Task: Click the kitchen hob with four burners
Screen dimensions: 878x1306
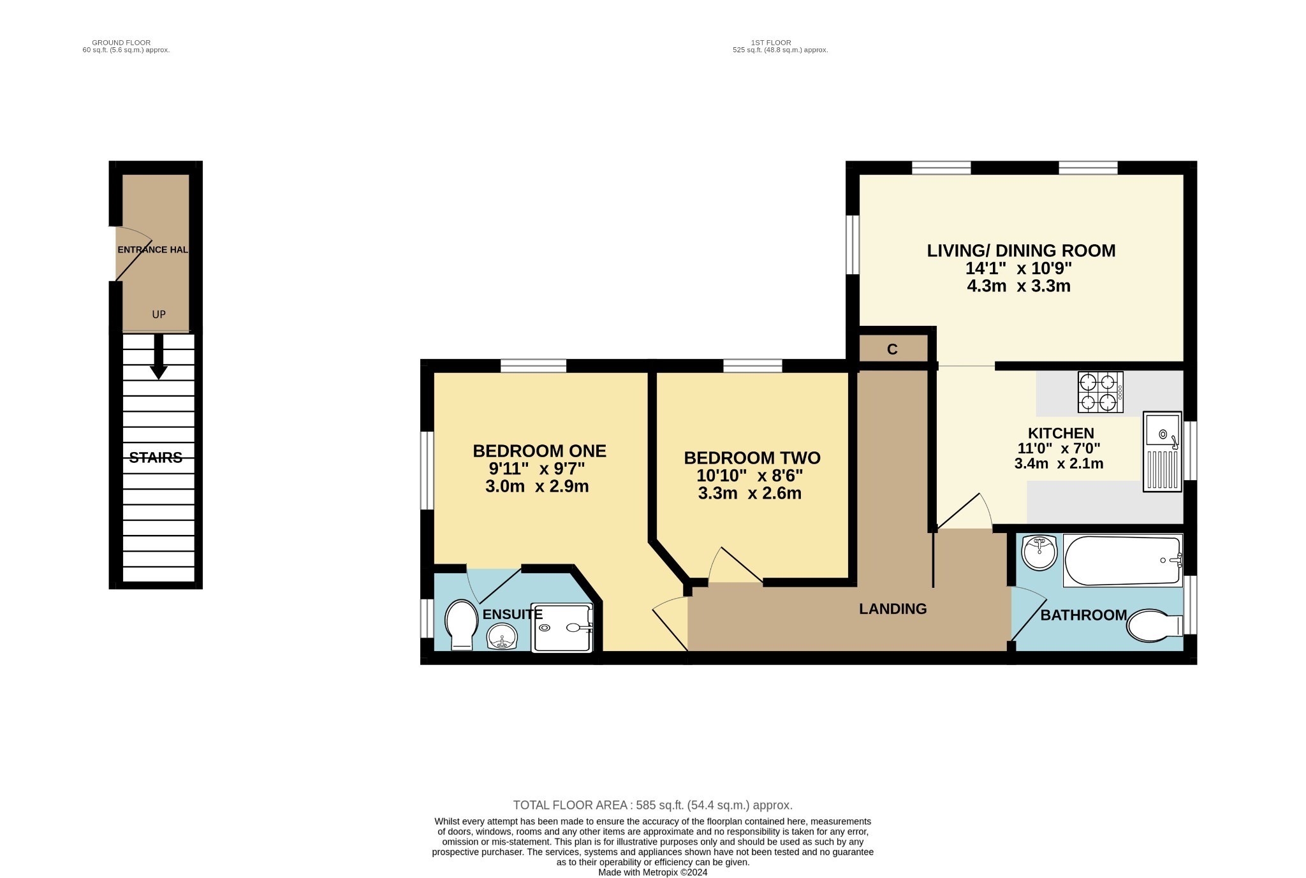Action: (x=1100, y=392)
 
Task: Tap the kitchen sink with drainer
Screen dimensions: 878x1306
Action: (x=1162, y=451)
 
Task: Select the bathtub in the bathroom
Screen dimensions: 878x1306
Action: (x=1122, y=560)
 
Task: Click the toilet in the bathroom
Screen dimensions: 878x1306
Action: (x=1153, y=626)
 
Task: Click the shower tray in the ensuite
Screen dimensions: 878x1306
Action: (x=563, y=628)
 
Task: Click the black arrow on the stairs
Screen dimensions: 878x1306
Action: (x=158, y=357)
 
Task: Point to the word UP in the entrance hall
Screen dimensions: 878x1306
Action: (x=159, y=314)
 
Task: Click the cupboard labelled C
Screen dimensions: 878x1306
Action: (x=892, y=349)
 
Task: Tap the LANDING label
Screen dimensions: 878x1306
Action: (x=892, y=609)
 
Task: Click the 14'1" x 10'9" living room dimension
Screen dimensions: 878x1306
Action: (x=1018, y=268)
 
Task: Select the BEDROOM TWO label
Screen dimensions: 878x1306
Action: (x=752, y=458)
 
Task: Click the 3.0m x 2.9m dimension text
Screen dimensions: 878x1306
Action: (x=536, y=487)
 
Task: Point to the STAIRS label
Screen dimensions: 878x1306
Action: (x=156, y=458)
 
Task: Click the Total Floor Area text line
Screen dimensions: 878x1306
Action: (x=652, y=805)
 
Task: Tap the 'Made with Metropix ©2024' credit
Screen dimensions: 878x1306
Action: (x=652, y=873)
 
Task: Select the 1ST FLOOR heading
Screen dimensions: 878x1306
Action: (x=779, y=43)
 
